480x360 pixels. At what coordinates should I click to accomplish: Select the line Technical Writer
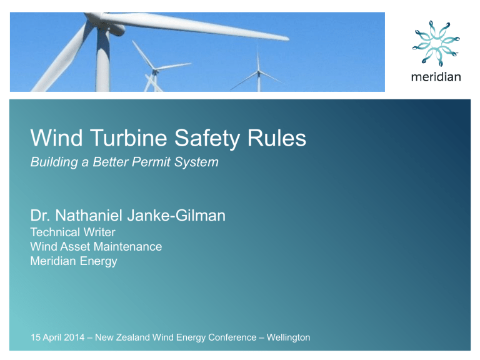[x=72, y=232]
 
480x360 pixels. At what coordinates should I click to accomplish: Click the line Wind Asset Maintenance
[x=96, y=247]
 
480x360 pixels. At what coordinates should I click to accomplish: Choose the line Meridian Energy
[x=74, y=261]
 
